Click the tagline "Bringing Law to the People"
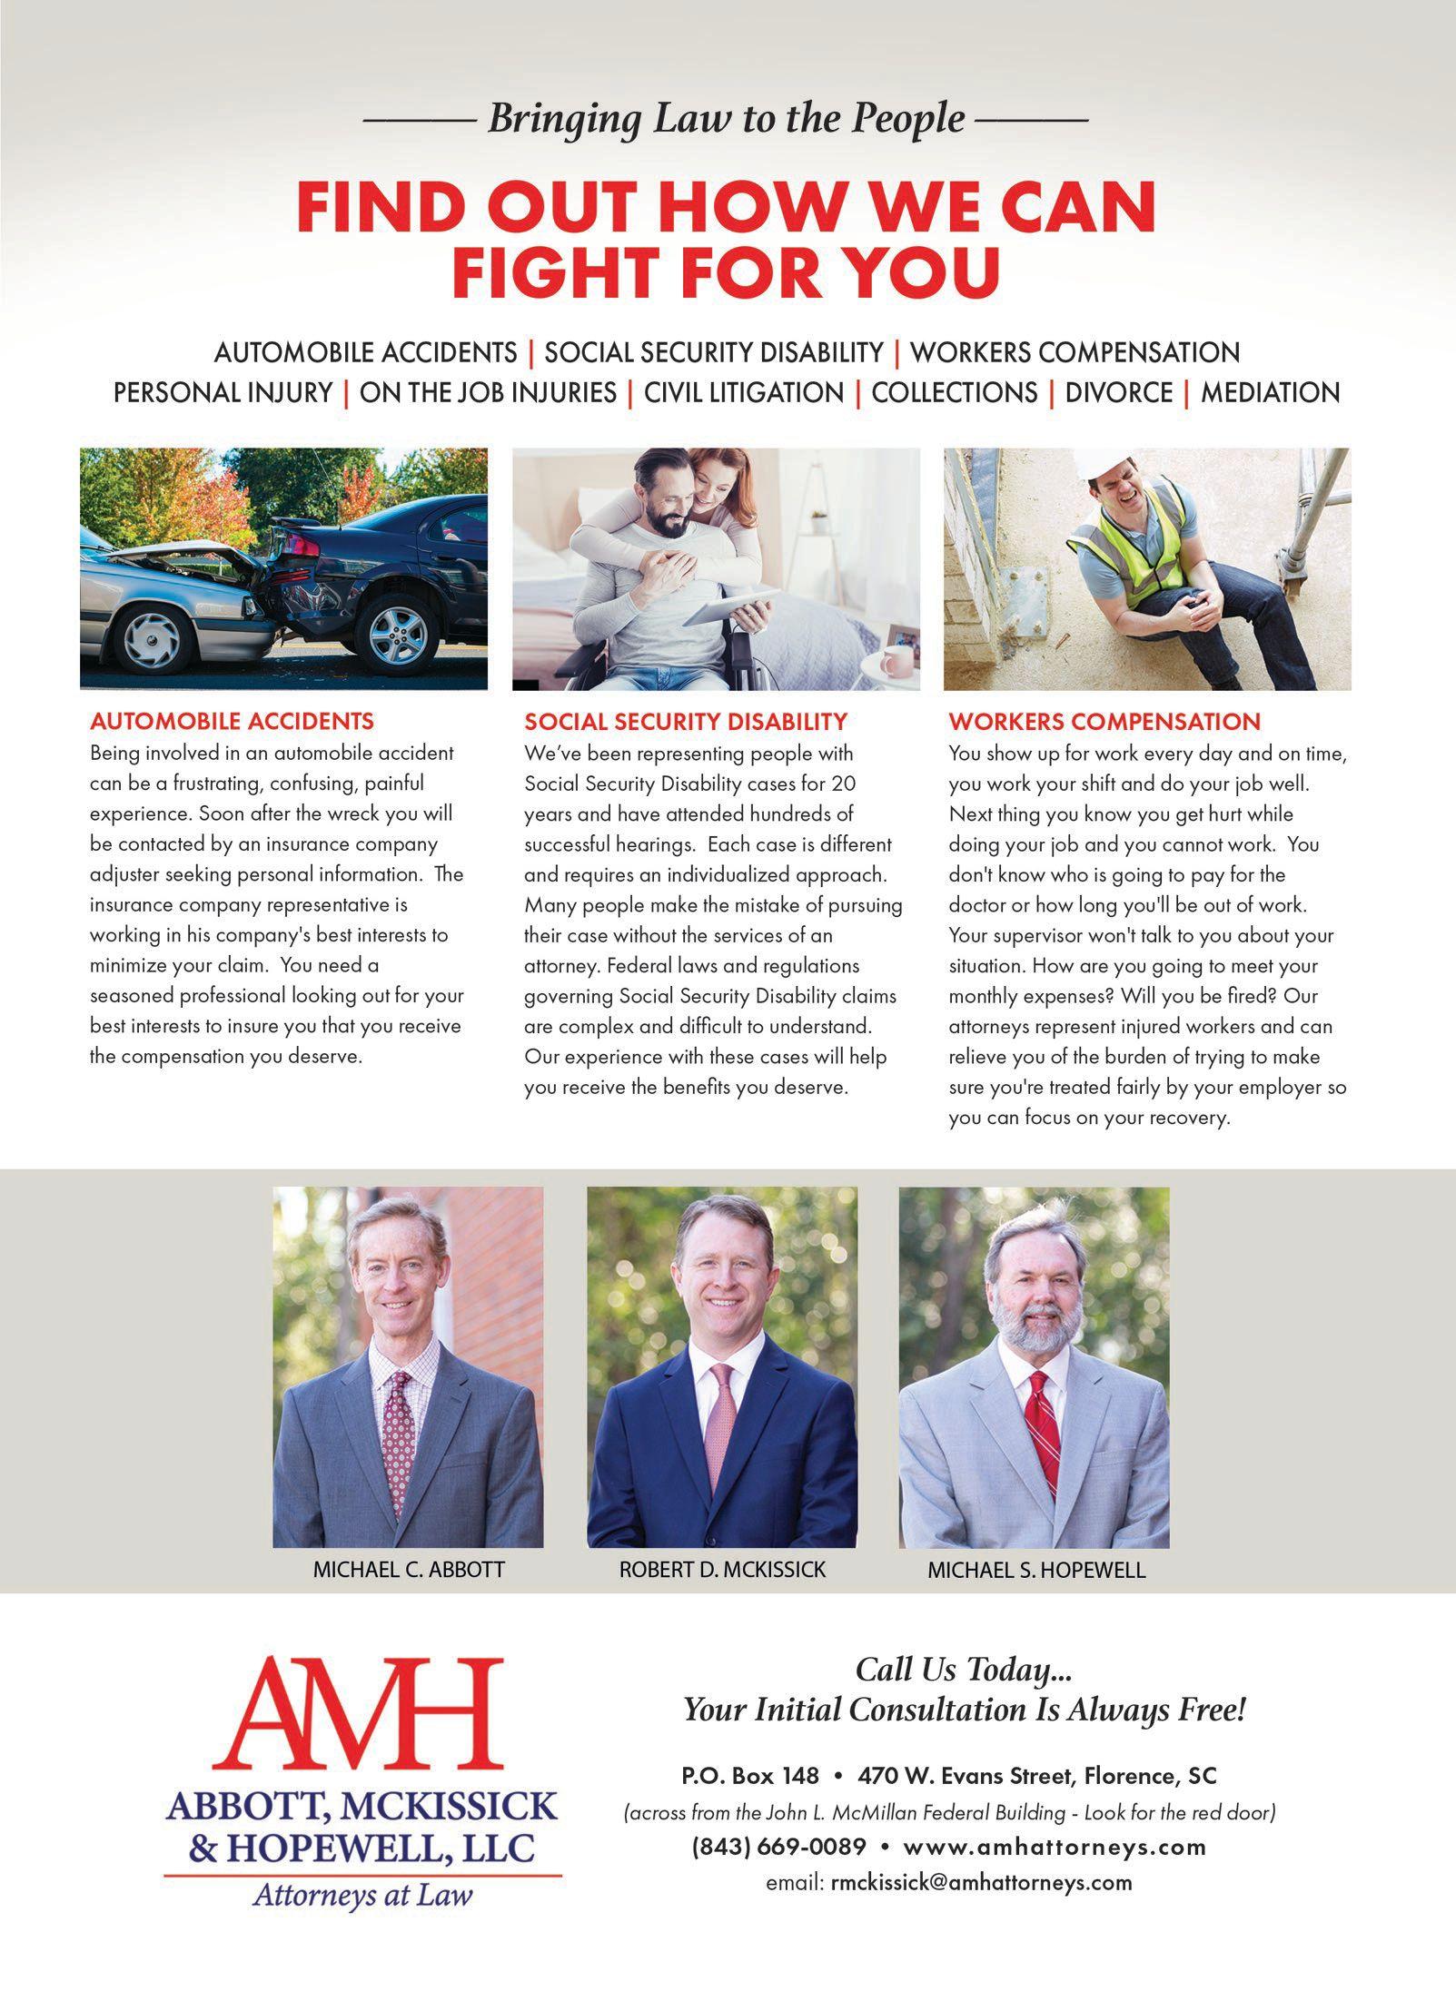click(726, 119)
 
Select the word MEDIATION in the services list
click(1270, 392)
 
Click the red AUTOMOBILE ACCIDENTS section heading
click(232, 722)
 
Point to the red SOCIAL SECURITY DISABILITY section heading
click(685, 722)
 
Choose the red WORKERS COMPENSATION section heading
click(1104, 722)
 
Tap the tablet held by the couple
click(729, 606)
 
